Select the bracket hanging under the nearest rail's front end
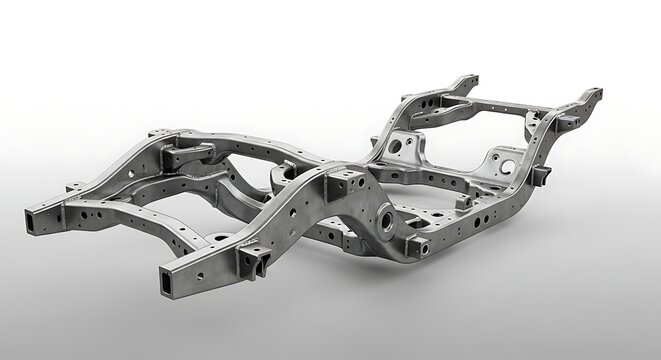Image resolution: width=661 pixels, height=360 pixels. [252, 262]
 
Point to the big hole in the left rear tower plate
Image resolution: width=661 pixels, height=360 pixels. [397, 146]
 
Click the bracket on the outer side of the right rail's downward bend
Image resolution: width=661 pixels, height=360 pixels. [541, 177]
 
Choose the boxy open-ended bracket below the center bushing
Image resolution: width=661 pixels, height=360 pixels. [416, 247]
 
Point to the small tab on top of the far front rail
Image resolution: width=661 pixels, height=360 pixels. [160, 132]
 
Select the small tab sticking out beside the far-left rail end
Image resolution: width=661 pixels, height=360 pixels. [73, 187]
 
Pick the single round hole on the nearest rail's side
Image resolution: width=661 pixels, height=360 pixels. [199, 274]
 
